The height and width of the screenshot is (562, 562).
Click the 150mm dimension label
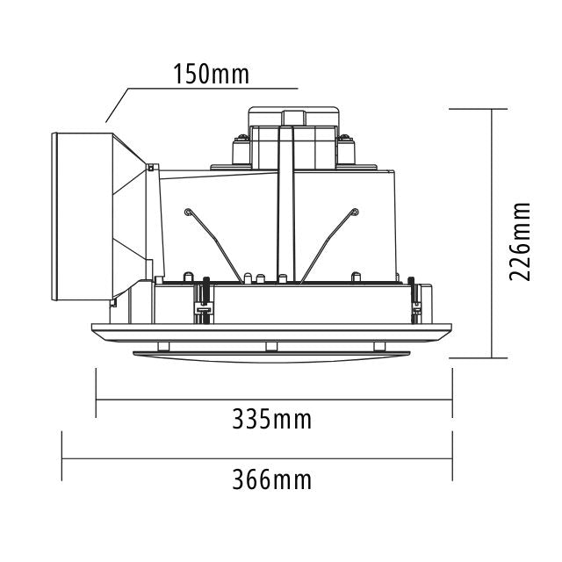(211, 74)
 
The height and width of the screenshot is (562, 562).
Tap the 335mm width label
(271, 419)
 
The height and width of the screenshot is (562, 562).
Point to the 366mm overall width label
(271, 479)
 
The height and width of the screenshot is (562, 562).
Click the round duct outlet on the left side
(83, 224)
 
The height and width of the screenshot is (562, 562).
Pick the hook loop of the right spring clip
(354, 211)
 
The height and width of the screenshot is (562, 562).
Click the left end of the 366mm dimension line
(61, 455)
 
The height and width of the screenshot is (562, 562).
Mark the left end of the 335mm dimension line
(95, 400)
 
